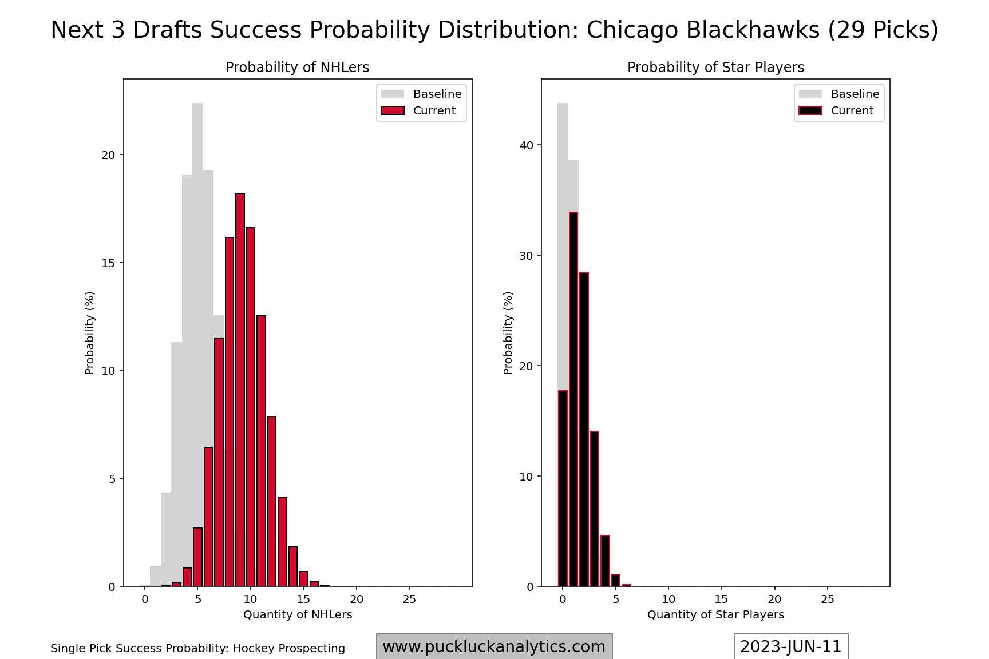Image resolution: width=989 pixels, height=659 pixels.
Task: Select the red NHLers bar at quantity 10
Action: coord(251,407)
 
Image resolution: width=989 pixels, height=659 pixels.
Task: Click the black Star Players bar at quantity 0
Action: coord(563,489)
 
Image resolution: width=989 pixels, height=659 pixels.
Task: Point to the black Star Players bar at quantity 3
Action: coord(594,509)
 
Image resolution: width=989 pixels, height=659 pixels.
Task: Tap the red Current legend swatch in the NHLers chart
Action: coord(393,110)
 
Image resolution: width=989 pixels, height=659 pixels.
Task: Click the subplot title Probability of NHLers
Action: coord(297,68)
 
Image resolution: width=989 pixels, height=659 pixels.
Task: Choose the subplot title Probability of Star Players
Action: coord(715,68)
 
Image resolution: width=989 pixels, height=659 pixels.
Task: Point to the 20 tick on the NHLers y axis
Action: coord(109,155)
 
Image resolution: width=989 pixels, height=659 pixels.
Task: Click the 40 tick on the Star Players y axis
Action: coord(526,145)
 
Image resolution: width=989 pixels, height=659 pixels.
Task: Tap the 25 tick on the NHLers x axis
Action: coord(409,599)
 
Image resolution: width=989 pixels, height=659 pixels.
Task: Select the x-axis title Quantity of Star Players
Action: coord(715,614)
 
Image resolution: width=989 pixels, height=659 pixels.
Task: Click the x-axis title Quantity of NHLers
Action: coord(298,614)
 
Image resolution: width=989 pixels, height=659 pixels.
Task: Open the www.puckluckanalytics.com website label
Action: coord(494,646)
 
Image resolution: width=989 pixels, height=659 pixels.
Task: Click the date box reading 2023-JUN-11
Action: coord(790,646)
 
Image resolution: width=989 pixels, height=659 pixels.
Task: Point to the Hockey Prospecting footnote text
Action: coord(197,648)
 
